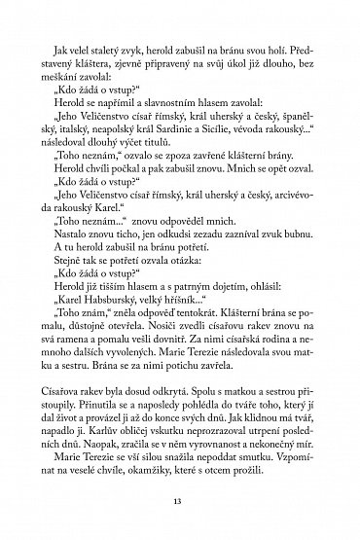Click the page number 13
click(180, 502)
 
